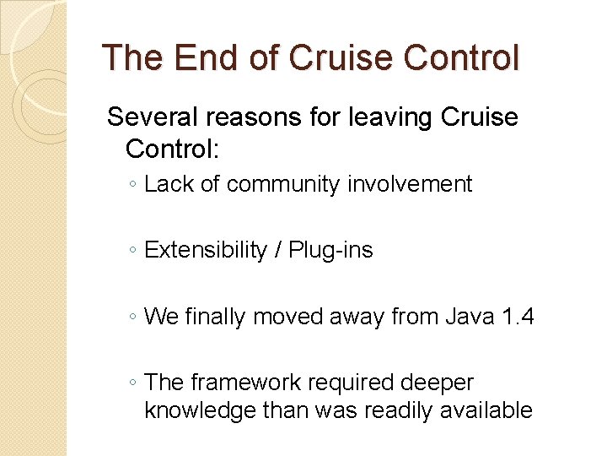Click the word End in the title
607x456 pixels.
pos(197,58)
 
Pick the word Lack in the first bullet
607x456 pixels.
pos(169,183)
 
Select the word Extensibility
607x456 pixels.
pos(205,250)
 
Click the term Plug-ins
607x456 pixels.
pos(330,250)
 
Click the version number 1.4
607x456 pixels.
pos(513,317)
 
